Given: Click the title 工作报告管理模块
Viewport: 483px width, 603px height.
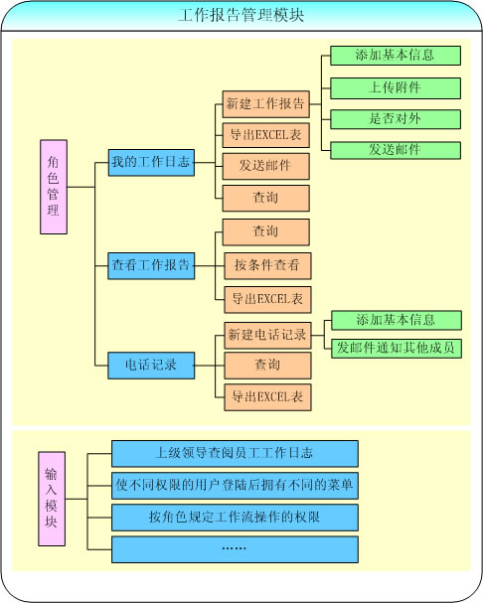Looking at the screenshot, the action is point(241,15).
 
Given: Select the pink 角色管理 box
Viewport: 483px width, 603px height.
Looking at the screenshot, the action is point(54,187).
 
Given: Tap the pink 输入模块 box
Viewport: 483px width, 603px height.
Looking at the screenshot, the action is point(52,499).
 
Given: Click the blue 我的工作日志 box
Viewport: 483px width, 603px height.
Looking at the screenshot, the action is point(151,162).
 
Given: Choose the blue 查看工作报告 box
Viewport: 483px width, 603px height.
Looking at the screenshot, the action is point(151,265).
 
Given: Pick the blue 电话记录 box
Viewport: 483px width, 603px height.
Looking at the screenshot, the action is point(151,366).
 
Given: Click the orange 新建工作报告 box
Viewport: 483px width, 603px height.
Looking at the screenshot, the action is point(266,104).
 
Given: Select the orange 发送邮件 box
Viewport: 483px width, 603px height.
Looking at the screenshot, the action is point(266,166).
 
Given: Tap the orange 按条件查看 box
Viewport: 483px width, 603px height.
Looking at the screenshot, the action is point(268,265).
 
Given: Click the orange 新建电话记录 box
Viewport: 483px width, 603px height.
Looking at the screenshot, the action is point(268,336).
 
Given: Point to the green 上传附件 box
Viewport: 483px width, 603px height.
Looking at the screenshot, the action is point(396,88).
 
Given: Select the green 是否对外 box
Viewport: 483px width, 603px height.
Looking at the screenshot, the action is point(396,119).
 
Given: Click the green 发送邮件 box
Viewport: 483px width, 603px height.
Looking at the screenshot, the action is point(396,150).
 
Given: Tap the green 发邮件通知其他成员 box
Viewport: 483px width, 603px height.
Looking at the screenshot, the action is point(397,348).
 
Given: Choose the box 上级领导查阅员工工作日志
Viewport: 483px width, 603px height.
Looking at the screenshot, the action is point(235,453).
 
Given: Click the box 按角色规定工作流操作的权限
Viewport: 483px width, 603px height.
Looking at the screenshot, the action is point(235,518).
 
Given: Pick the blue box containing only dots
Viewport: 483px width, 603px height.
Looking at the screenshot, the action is point(235,549).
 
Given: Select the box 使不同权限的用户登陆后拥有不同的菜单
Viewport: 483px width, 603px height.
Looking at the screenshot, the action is point(235,486).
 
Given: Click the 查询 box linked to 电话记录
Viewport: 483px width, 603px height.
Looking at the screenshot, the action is point(268,366).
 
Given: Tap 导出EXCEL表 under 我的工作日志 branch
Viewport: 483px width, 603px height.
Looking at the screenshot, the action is point(266,135).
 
